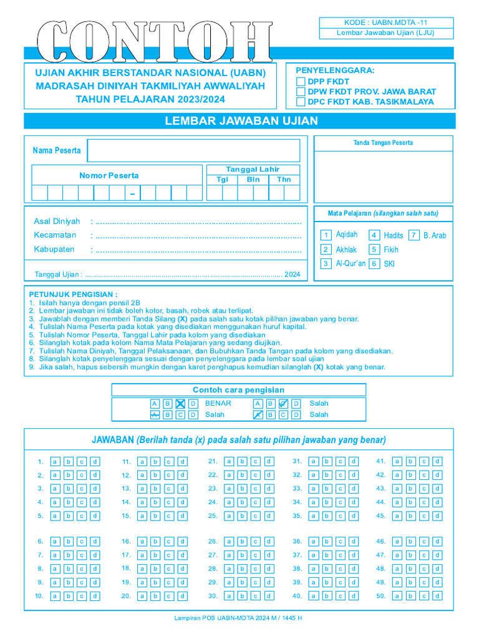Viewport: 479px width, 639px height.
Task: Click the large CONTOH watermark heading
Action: [155, 42]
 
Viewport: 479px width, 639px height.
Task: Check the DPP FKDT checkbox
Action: [301, 81]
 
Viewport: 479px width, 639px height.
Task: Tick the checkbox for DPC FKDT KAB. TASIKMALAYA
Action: [301, 102]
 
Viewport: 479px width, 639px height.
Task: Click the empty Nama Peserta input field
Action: [193, 150]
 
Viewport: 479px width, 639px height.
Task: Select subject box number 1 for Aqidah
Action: [326, 235]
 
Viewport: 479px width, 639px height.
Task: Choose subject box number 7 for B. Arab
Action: [414, 235]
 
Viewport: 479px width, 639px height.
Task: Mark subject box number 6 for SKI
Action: [374, 264]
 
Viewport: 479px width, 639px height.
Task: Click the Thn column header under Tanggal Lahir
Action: [284, 180]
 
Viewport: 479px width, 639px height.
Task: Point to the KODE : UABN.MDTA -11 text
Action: [386, 22]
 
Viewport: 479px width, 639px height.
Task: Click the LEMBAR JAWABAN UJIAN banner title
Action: [241, 121]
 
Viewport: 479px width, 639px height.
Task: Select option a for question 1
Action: [55, 462]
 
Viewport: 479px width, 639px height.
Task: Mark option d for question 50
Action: [438, 596]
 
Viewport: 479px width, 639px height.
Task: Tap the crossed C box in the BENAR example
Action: [180, 404]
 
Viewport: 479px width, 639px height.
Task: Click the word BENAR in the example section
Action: [218, 404]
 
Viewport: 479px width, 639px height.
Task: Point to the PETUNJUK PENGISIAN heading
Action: [73, 294]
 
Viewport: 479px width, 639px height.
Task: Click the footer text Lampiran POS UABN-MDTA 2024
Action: [239, 618]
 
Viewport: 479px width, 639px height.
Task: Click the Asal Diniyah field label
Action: [57, 222]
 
